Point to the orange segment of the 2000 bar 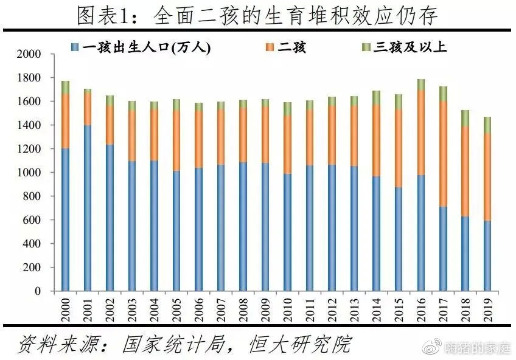pos(66,121)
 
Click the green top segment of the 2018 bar pos(465,118)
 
